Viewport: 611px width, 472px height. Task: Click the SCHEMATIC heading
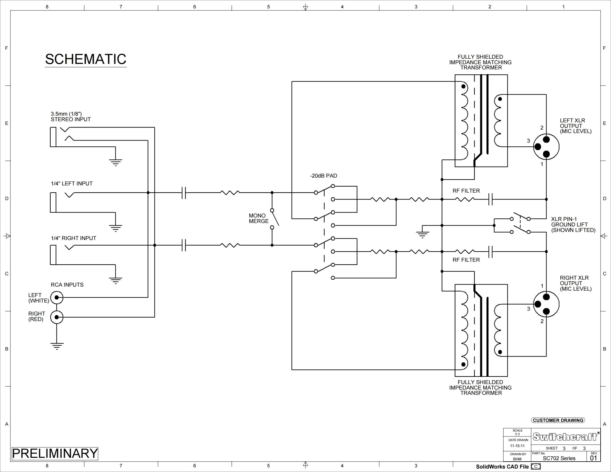[86, 59]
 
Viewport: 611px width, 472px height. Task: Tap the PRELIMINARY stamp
[55, 453]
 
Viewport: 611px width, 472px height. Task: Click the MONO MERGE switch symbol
[275, 219]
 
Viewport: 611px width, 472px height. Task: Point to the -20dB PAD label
[323, 176]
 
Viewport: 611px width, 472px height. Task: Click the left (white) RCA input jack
[57, 297]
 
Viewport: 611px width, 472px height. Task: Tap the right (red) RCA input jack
[57, 317]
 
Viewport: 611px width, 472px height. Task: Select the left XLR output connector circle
[546, 147]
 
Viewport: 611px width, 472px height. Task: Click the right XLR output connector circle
[546, 304]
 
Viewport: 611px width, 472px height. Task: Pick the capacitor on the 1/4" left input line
[184, 193]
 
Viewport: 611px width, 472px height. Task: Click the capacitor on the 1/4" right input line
[184, 245]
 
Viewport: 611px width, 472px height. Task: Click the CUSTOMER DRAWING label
[558, 420]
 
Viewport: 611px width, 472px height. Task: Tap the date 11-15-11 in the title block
[517, 446]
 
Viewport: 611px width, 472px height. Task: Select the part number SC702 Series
[559, 458]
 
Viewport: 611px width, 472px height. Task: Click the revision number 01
[593, 458]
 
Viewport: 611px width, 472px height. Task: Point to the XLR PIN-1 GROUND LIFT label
[573, 224]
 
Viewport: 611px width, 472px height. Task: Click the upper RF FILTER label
[466, 191]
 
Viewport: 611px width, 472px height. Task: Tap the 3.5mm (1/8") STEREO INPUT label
[71, 117]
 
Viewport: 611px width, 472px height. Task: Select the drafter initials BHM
[517, 459]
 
